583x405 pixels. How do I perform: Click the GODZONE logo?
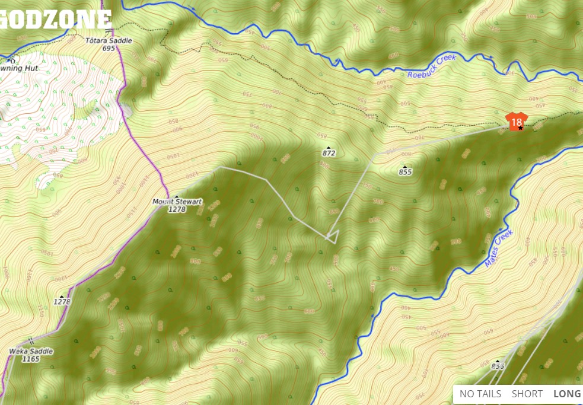pyautogui.click(x=56, y=19)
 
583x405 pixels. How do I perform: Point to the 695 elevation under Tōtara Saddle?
pyautogui.click(x=108, y=48)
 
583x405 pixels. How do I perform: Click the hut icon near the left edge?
pyautogui.click(x=11, y=60)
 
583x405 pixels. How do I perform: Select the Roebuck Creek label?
pyautogui.click(x=432, y=67)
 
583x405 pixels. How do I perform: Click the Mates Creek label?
pyautogui.click(x=498, y=248)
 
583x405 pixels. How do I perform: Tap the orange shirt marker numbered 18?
pyautogui.click(x=516, y=121)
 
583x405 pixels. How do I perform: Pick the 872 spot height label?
pyautogui.click(x=329, y=153)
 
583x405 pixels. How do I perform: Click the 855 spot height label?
pyautogui.click(x=405, y=172)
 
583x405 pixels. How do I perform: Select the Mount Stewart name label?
pyautogui.click(x=177, y=202)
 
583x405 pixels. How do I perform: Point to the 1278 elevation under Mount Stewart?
pyautogui.click(x=177, y=209)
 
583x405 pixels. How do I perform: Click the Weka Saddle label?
pyautogui.click(x=31, y=351)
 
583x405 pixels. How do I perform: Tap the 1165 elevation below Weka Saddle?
pyautogui.click(x=31, y=359)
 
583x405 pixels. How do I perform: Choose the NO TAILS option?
pyautogui.click(x=480, y=394)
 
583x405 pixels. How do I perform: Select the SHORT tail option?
pyautogui.click(x=527, y=394)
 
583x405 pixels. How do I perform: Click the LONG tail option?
pyautogui.click(x=567, y=394)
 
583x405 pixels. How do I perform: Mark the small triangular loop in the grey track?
pyautogui.click(x=333, y=237)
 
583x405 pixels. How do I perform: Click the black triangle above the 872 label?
pyautogui.click(x=328, y=146)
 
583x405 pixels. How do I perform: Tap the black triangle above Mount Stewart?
pyautogui.click(x=176, y=196)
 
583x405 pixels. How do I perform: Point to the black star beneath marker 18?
pyautogui.click(x=520, y=128)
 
